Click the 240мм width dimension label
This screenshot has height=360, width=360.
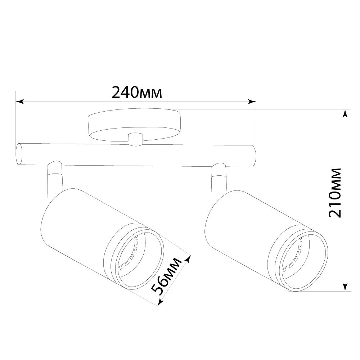click(x=137, y=92)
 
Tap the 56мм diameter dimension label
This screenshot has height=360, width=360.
click(x=166, y=276)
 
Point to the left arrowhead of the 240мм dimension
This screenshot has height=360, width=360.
click(x=19, y=102)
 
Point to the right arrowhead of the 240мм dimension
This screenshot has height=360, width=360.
click(x=252, y=102)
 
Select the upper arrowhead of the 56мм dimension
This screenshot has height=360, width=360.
click(x=189, y=260)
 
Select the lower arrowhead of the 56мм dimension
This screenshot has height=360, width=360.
click(x=161, y=302)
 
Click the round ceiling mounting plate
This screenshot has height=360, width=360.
click(x=134, y=124)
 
